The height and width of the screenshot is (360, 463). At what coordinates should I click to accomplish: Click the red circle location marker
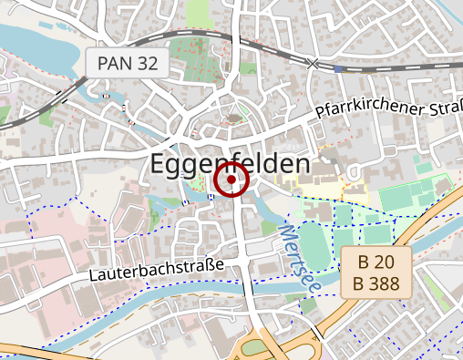pos(231,180)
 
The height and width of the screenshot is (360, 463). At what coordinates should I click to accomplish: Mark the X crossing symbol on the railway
pos(314,63)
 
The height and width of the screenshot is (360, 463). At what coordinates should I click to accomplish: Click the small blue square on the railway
pos(339,68)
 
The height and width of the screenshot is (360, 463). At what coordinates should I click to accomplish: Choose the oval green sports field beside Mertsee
pos(314,246)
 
